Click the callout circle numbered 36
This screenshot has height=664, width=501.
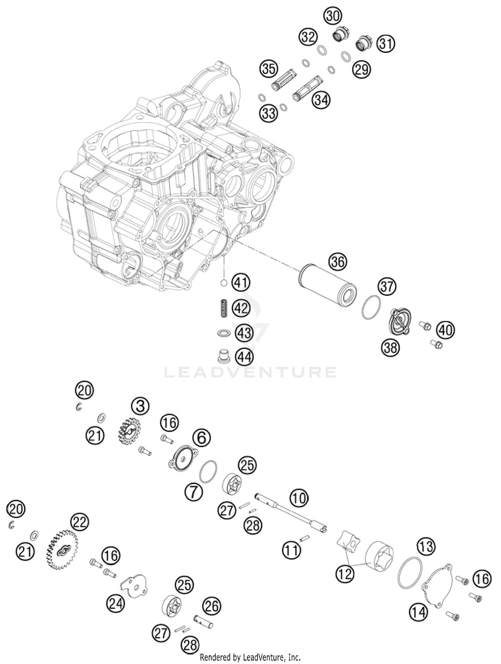pos(338,262)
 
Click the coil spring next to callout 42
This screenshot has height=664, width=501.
pos(223,308)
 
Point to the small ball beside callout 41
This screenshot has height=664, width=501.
pos(224,283)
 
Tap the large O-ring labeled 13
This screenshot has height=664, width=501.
pos(410,572)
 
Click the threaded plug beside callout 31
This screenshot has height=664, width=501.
pos(364,43)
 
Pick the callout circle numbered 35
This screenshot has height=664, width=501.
pos(269,69)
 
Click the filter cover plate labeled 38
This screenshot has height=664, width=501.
pos(400,322)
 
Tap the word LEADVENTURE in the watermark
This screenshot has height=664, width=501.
pos(251,372)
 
